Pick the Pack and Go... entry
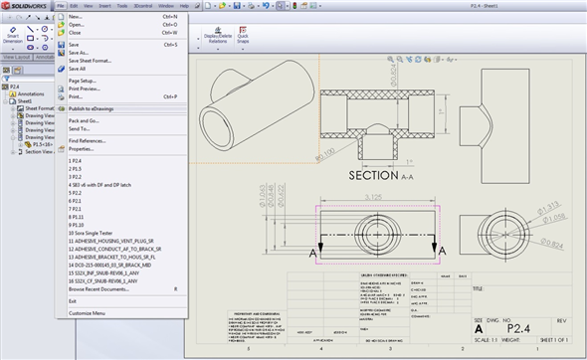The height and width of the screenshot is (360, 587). (84, 120)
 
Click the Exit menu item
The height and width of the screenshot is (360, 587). (73, 300)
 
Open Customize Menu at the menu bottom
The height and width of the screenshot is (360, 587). (87, 313)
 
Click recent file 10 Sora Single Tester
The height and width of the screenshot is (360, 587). (97, 234)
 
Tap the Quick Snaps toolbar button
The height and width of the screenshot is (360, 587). (243, 38)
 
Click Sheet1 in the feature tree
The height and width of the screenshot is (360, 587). (21, 100)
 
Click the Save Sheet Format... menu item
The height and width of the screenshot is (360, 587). (91, 61)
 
